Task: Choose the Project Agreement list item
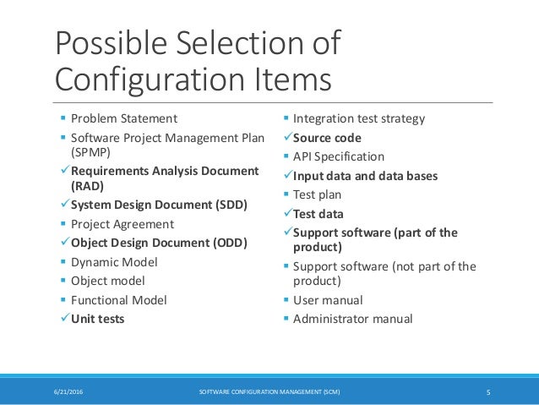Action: (x=122, y=224)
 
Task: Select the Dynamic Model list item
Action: (x=113, y=262)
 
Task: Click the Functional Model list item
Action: (x=119, y=300)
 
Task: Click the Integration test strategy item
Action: (x=359, y=119)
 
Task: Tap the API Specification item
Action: (x=339, y=156)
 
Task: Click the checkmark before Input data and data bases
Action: (x=286, y=177)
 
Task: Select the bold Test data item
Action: (x=318, y=214)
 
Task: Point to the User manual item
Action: (x=328, y=300)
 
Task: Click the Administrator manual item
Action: (x=352, y=319)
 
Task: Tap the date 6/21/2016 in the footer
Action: (x=69, y=391)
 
